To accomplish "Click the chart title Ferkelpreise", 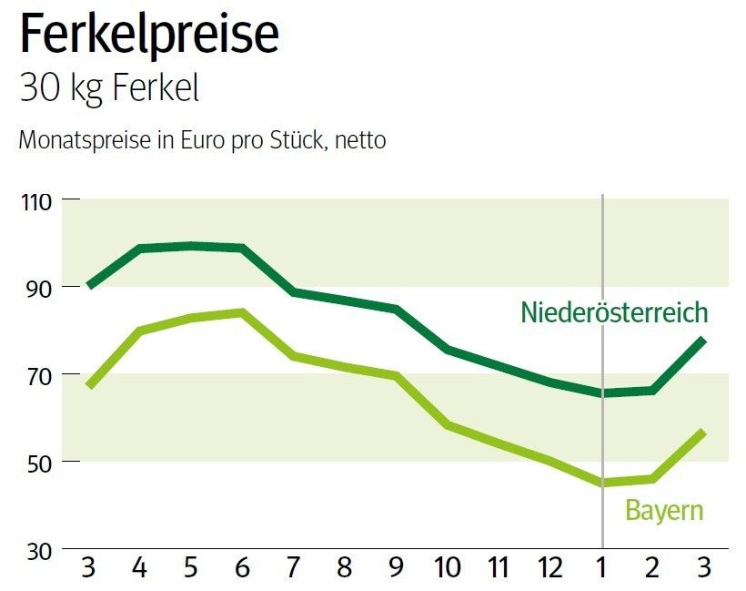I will point(149,34).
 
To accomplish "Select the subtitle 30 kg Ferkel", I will point(108,90).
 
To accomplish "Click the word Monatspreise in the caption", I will point(74,141).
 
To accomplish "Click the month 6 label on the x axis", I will point(242,569).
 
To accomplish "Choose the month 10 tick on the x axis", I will point(447,569).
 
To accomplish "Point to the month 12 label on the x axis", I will point(549,569).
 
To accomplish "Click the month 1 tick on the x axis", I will point(601,569).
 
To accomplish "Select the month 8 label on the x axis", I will point(345,569).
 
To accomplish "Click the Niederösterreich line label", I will point(614,313).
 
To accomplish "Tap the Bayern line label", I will point(664,510).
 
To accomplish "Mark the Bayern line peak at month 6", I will point(242,312).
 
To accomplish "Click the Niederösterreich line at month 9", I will point(396,309).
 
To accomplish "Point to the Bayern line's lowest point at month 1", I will point(601,483).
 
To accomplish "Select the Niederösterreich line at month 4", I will point(140,249).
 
